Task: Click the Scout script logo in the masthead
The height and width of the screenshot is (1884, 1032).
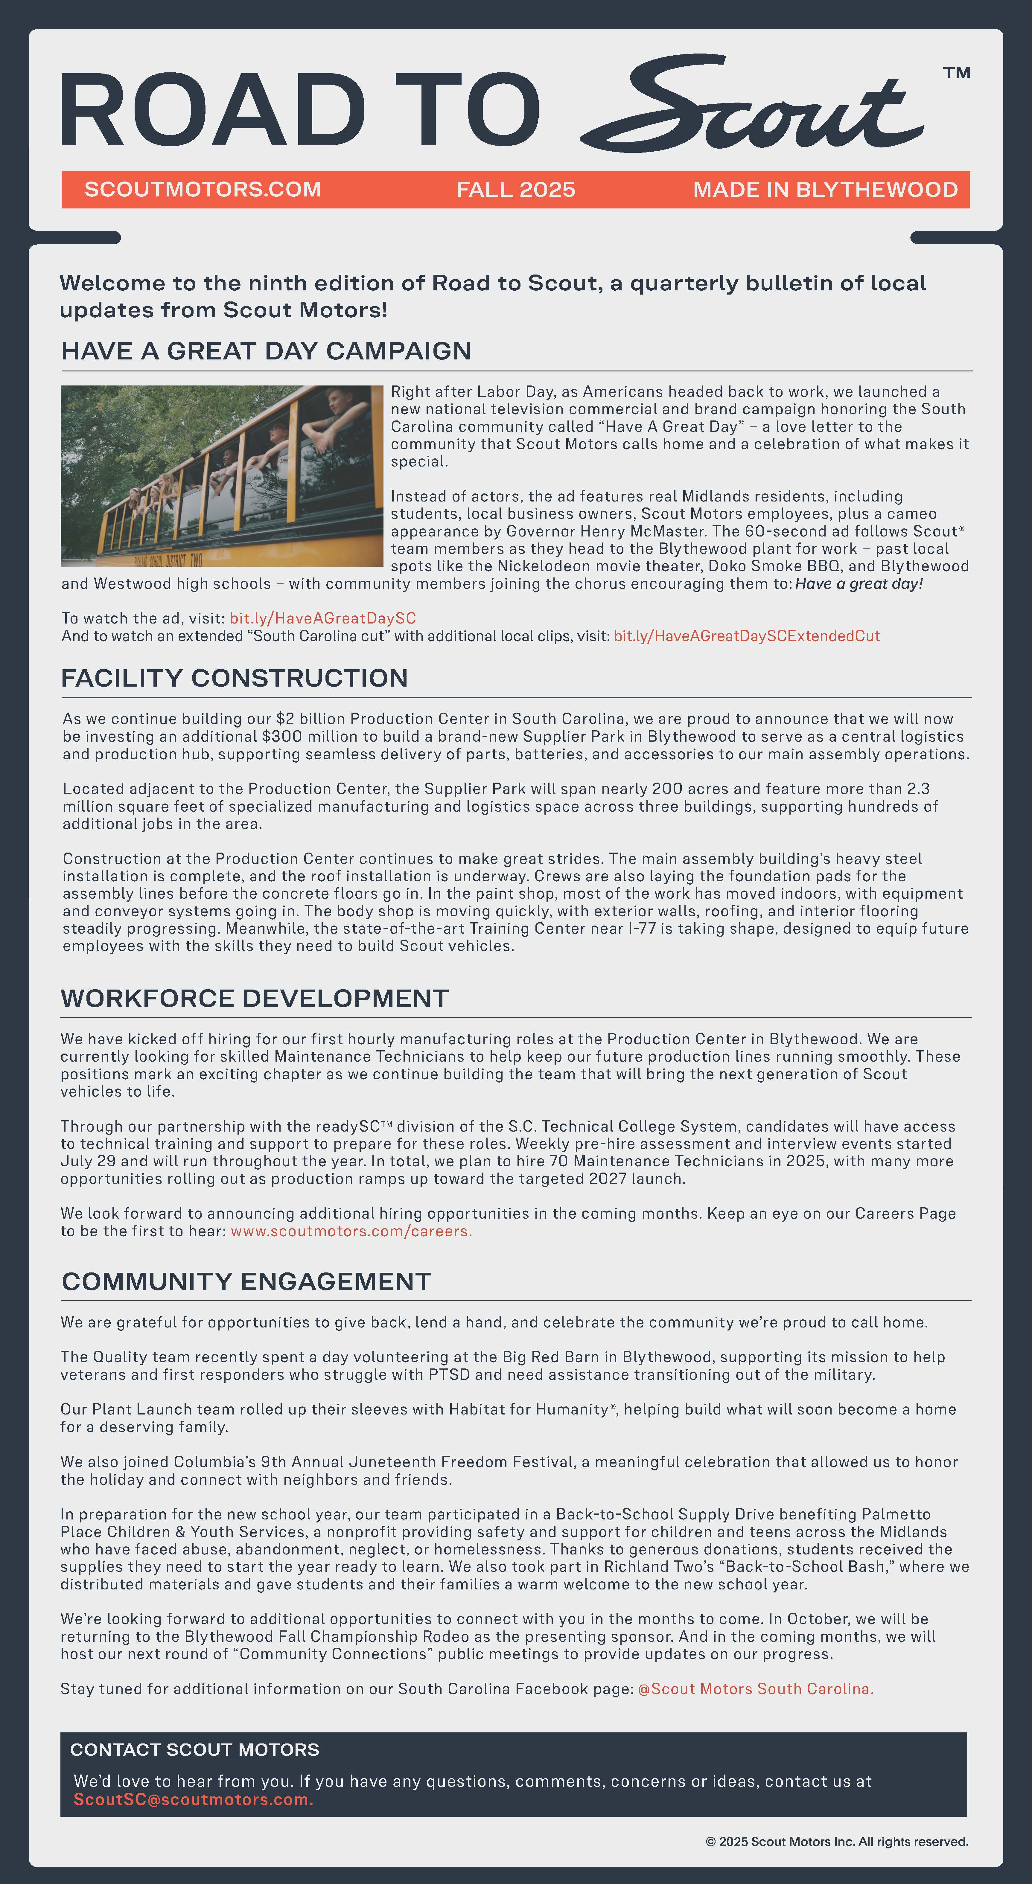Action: click(753, 106)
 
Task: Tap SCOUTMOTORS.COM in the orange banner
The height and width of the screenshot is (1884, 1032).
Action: click(203, 189)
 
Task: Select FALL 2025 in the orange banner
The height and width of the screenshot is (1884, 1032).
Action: click(516, 189)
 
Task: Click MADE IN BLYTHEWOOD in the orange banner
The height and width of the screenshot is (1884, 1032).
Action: click(825, 189)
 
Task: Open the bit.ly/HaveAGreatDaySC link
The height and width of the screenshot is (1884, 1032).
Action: click(322, 618)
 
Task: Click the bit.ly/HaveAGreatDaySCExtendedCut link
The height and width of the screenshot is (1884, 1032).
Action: click(746, 635)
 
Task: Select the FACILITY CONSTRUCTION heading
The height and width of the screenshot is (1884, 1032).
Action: click(234, 678)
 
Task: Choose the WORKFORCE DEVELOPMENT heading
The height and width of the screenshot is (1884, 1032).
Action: click(255, 998)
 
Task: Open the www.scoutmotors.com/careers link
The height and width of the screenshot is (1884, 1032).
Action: click(351, 1231)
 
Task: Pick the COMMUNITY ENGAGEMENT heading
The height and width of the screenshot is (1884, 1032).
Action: click(246, 1281)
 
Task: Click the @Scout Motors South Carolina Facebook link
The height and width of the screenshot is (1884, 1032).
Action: click(756, 1689)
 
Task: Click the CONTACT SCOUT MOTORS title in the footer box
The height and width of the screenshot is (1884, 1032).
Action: click(194, 1749)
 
